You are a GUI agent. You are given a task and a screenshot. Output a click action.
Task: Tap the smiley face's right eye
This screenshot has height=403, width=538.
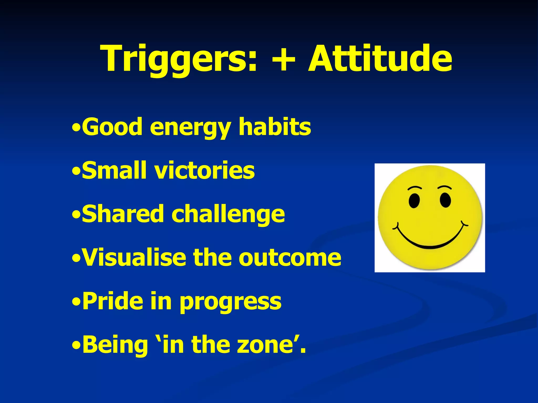(445, 200)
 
